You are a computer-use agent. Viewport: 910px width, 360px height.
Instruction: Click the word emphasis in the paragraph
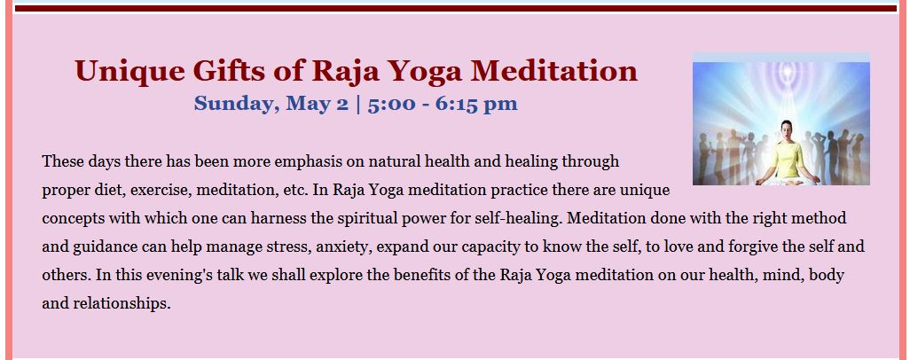tap(308, 161)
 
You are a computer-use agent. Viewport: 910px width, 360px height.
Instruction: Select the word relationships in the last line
tap(122, 303)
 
